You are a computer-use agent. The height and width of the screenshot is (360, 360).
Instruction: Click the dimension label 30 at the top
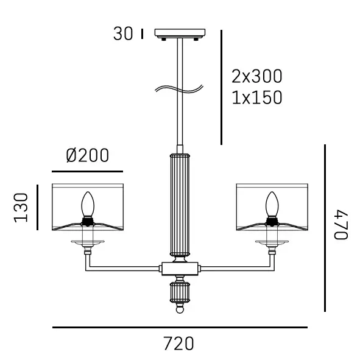click(122, 34)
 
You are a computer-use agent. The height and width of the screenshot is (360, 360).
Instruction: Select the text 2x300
click(257, 77)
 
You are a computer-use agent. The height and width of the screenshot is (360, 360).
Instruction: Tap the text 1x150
click(257, 97)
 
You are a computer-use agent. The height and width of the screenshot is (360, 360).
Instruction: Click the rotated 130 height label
click(22, 207)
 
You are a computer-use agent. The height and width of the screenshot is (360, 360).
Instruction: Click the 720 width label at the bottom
click(179, 344)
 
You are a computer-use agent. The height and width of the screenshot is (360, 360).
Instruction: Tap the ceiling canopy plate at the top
click(180, 33)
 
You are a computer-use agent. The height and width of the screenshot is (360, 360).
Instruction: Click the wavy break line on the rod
click(177, 90)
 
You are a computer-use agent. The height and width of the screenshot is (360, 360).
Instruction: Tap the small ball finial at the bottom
click(180, 309)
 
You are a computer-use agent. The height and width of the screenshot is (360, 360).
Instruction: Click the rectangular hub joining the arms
click(180, 267)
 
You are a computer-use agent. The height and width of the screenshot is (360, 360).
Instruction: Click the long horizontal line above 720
click(180, 328)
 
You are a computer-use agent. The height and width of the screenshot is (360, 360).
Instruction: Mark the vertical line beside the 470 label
click(325, 228)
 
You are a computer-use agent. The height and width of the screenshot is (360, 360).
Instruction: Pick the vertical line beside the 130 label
click(37, 208)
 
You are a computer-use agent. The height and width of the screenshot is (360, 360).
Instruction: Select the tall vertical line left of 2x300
click(221, 87)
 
